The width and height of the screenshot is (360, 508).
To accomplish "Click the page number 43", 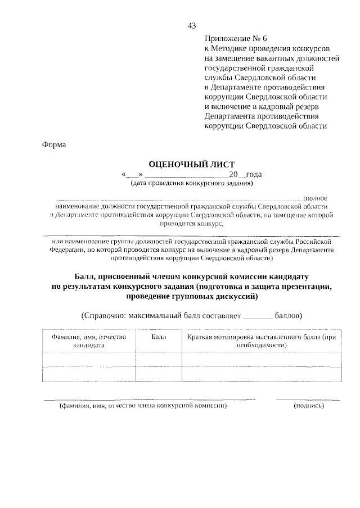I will point(192,26).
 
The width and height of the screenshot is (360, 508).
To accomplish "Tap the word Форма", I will point(54,144).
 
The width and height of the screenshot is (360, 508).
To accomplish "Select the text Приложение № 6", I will point(229,39).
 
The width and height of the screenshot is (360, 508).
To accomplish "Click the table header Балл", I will point(159,337).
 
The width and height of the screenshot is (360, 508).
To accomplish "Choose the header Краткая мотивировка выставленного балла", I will point(262,341).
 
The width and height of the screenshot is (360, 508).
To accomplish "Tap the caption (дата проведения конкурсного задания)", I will point(191,183).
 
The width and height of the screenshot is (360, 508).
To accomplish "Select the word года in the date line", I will point(254,174).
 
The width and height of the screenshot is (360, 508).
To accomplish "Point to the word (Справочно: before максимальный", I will point(103,315).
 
